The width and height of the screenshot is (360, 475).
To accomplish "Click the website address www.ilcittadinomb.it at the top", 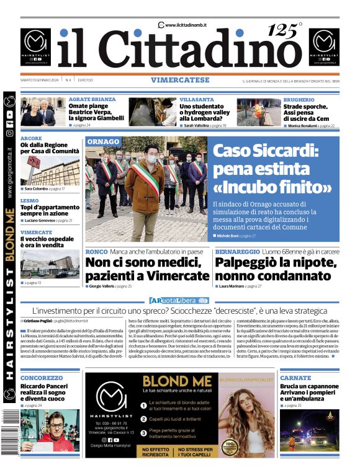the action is [186, 24].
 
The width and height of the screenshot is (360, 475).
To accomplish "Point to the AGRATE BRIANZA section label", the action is [92, 99].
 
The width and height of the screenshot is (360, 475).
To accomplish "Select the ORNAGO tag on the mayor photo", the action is [103, 142].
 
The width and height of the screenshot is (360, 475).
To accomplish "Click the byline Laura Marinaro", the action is [232, 286].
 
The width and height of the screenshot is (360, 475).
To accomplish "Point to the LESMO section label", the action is [29, 201].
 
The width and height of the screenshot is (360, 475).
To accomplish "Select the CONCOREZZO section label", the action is [41, 378].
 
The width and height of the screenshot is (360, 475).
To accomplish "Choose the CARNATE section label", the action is [295, 378].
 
